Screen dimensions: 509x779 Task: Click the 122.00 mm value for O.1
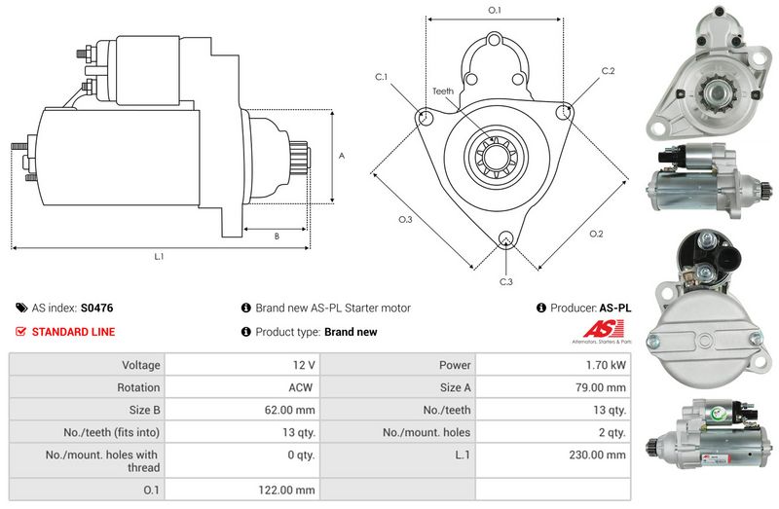pos(291,490)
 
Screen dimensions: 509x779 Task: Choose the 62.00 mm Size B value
pos(291,410)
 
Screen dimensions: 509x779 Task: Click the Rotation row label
pos(138,387)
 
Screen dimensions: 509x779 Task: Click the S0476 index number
pos(96,308)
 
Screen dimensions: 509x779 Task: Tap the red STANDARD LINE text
pos(73,332)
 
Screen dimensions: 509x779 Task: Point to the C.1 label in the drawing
pos(381,77)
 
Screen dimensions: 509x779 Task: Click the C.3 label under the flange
pos(505,282)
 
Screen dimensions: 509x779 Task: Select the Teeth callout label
pos(443,91)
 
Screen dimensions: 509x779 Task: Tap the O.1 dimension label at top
pos(494,10)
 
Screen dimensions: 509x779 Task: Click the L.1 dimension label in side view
pos(159,257)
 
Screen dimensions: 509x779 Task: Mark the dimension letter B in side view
pos(277,236)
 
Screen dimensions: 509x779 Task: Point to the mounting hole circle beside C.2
pos(563,114)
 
